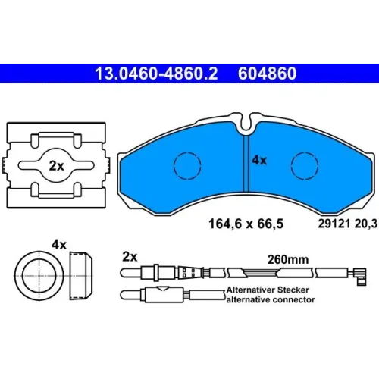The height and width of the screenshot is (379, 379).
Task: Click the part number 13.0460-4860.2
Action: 156,74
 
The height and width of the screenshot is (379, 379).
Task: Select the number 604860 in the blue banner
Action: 267,74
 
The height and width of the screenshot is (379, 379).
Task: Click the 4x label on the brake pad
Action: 259,160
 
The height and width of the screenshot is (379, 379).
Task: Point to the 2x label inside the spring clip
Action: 56,166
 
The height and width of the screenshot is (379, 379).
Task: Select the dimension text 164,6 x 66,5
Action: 246,224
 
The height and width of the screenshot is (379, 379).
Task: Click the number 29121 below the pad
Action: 334,224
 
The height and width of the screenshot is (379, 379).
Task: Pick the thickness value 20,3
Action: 366,224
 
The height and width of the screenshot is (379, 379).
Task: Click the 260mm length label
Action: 288,259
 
